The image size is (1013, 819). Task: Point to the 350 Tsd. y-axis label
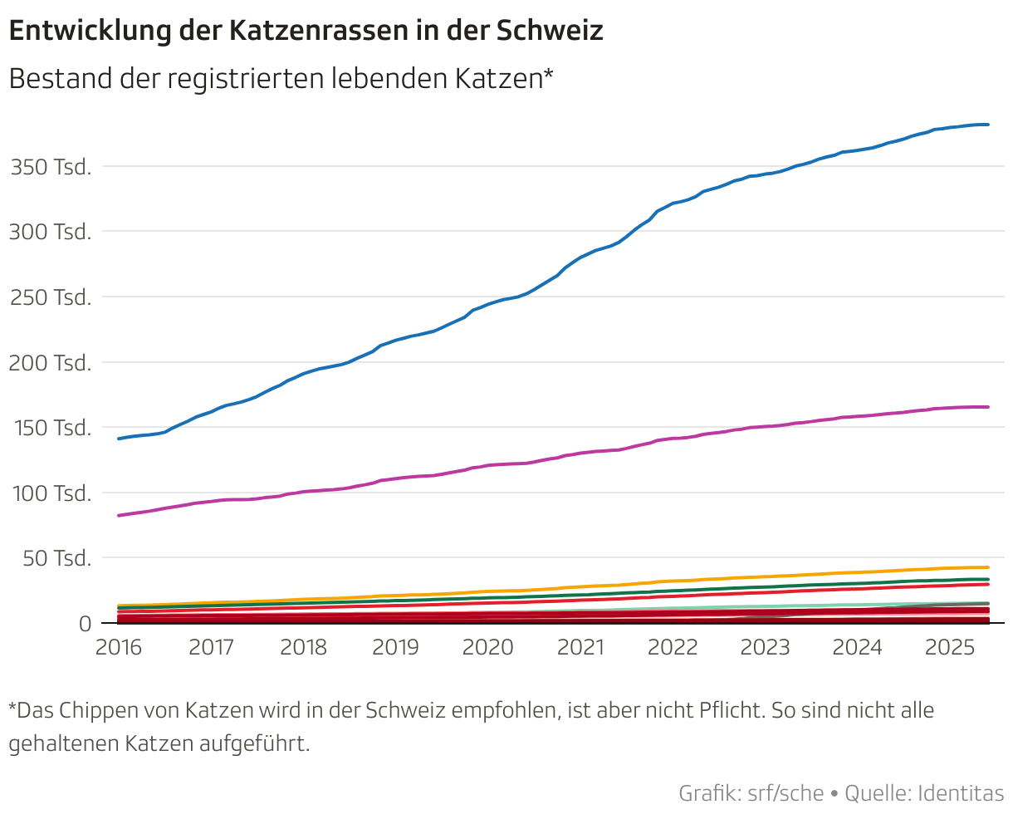pos(50,166)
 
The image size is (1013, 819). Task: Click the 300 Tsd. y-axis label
pos(50,232)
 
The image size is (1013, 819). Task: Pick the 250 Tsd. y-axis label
pos(50,297)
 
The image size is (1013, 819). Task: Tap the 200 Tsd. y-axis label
pos(50,362)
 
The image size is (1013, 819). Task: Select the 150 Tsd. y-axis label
pos(50,428)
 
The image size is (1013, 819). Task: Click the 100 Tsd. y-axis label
pos(50,493)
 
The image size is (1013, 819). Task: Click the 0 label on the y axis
pos(85,623)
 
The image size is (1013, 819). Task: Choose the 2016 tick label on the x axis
pos(120,648)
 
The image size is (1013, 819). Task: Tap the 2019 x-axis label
pos(395,648)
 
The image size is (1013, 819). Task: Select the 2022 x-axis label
pos(673,648)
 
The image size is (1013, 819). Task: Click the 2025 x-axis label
pos(949,648)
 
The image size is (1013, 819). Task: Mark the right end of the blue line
pos(987,125)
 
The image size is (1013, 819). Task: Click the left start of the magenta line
pos(120,516)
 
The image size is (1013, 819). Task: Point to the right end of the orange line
pos(987,567)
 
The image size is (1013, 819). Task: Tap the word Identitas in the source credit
pos(961,793)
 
